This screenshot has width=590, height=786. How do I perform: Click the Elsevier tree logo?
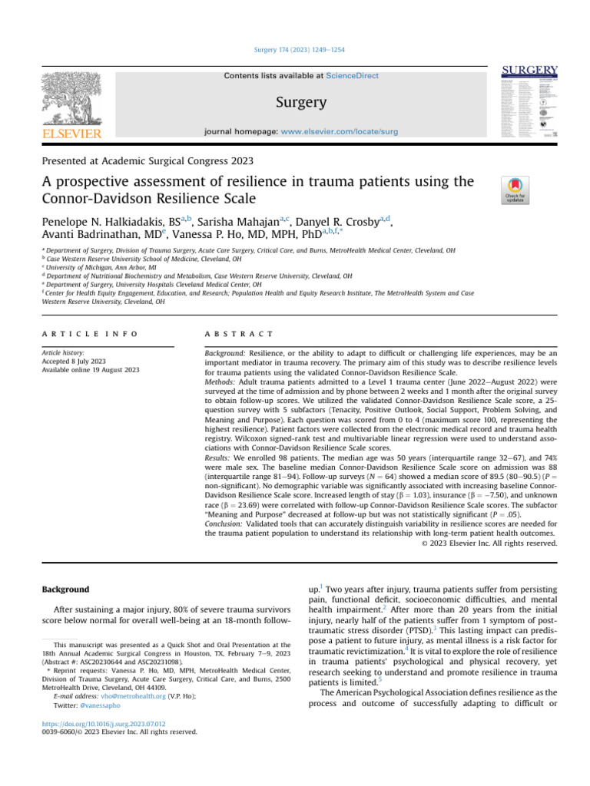point(71,100)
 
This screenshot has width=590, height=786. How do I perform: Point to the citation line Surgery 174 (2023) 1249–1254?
point(295,50)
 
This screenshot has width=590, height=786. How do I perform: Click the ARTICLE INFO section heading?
point(90,334)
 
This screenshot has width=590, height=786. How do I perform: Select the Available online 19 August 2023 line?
point(91,370)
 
